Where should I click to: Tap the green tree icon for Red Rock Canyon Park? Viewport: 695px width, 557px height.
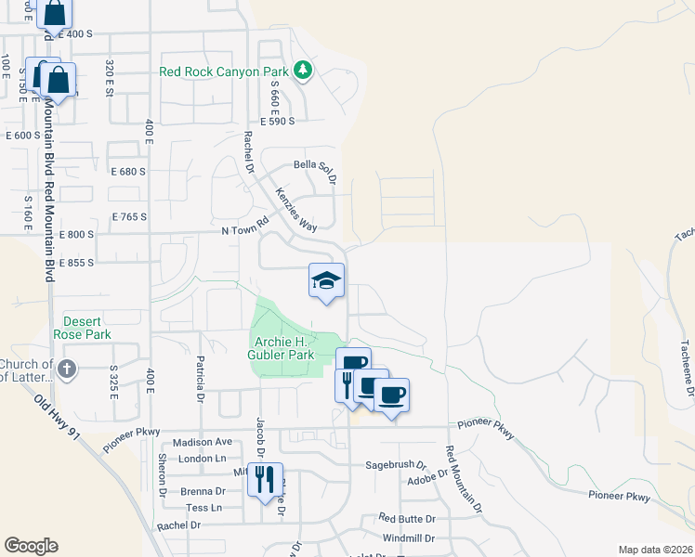302,71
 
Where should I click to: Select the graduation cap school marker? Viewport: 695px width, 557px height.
326,281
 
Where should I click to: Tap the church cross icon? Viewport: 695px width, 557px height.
66,369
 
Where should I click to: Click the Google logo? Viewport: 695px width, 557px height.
31,546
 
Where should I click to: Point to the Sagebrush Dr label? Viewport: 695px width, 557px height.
394,463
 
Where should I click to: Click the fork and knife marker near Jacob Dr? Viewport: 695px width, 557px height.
266,479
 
